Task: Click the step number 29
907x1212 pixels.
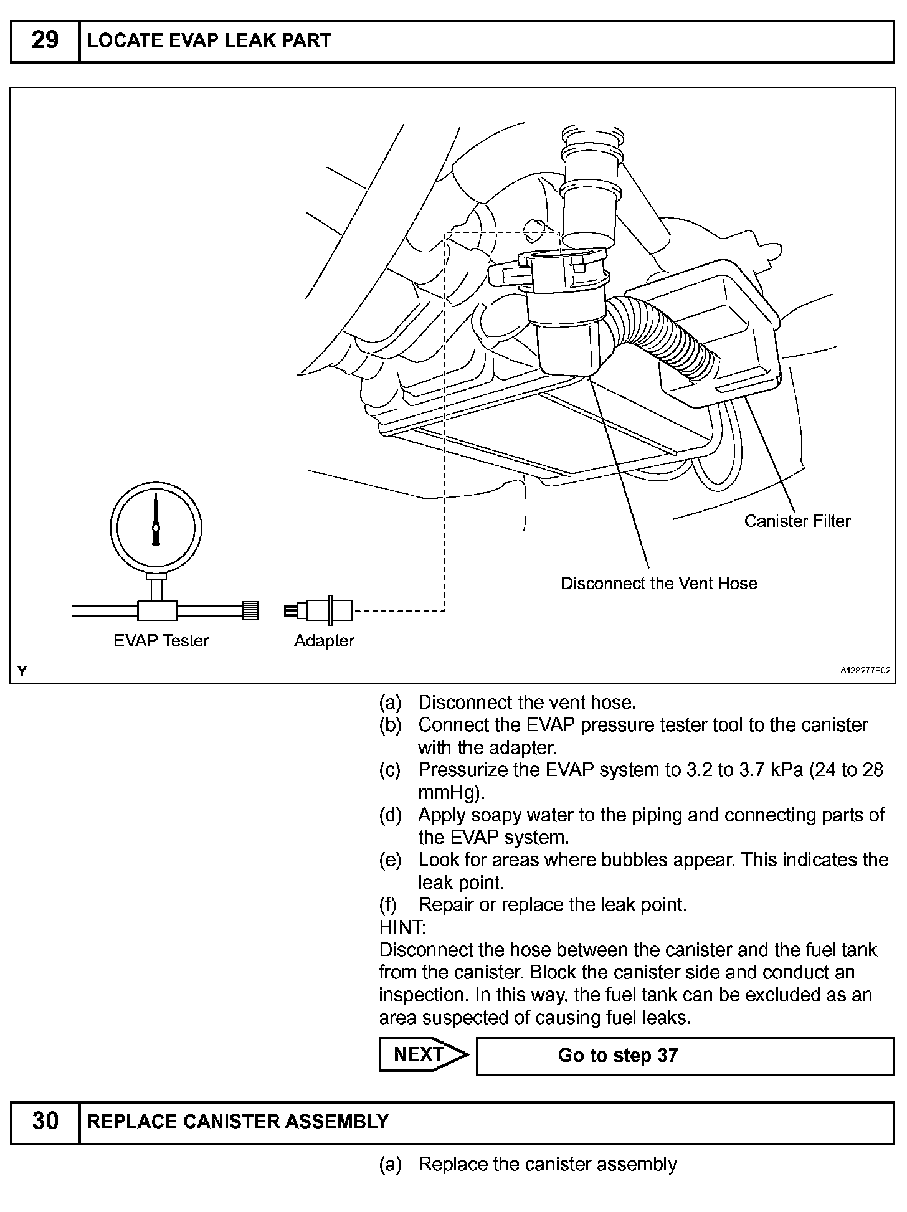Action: pos(45,40)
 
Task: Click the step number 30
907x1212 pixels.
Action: pos(45,1121)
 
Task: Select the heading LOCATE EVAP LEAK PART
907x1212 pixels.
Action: pos(209,41)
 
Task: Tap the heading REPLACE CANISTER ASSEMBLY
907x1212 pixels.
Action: pos(238,1122)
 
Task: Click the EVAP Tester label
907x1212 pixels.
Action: pos(161,640)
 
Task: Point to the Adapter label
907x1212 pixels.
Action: pos(324,640)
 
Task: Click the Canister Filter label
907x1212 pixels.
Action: pos(797,521)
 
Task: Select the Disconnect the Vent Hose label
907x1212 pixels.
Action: pos(659,583)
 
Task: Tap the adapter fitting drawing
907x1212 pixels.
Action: pos(320,610)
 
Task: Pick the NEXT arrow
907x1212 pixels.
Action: pos(424,1054)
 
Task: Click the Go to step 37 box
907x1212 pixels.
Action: pos(685,1056)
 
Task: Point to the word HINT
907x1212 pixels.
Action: pos(402,927)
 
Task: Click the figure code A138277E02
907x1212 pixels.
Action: pos(865,671)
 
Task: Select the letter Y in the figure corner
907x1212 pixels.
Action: pos(23,671)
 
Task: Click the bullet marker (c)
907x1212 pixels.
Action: pos(390,770)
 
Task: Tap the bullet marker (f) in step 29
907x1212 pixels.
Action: pos(389,905)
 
